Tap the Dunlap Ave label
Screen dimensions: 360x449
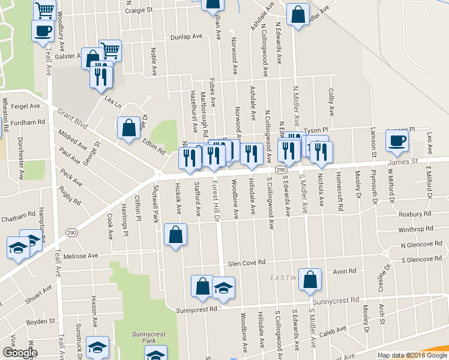tap(186, 37)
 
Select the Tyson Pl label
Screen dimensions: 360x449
tap(316, 130)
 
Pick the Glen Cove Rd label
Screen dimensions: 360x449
tap(246, 263)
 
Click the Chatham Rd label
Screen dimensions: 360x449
tap(18, 217)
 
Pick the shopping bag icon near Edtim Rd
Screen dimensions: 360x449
tap(128, 128)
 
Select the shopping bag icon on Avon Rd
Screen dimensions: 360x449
tap(310, 279)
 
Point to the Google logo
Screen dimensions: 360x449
tap(19, 353)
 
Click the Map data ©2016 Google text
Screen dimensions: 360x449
tap(412, 355)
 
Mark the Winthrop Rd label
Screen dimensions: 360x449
tap(415, 229)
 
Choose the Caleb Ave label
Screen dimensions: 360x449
tap(333, 331)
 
